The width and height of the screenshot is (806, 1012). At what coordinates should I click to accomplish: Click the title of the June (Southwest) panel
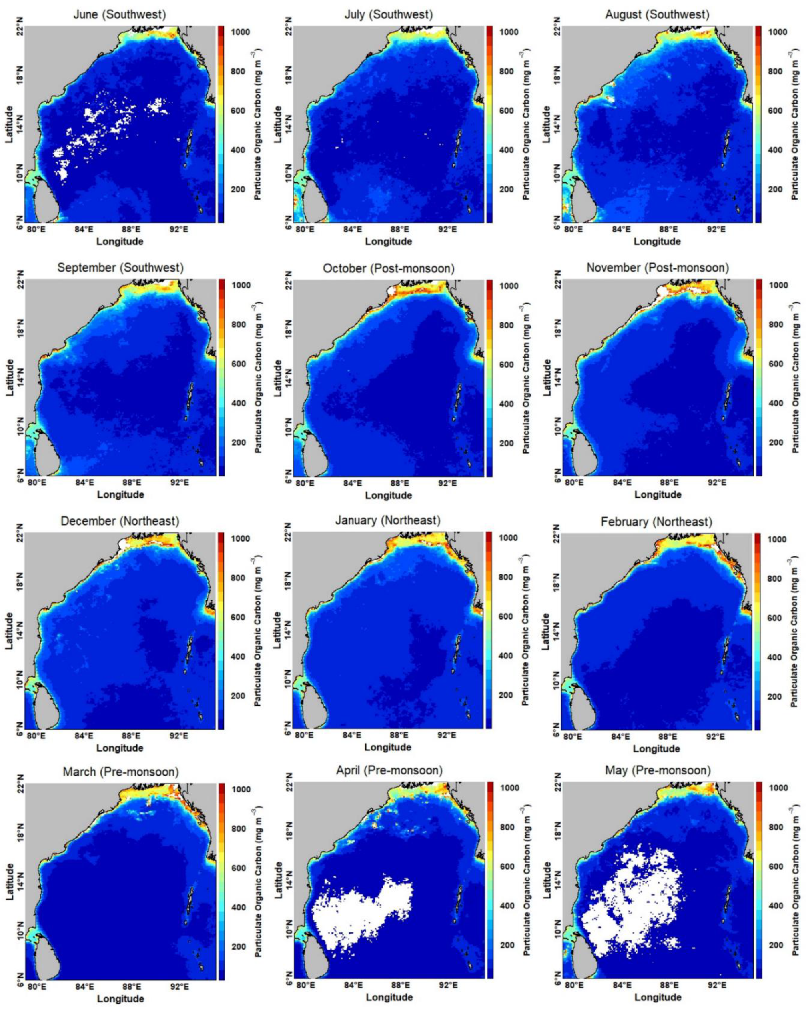120,14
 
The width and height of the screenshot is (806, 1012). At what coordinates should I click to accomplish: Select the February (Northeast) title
656,522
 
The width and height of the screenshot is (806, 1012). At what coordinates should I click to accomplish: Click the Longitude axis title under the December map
120,748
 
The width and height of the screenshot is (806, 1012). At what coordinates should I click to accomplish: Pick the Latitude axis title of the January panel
279,630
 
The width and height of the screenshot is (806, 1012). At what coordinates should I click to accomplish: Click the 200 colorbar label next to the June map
241,189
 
